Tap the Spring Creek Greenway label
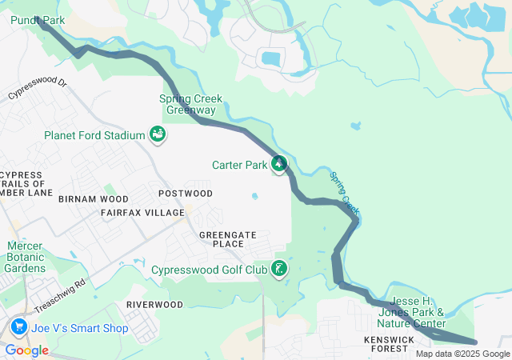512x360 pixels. (x=190, y=104)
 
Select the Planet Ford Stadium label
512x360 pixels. (x=94, y=135)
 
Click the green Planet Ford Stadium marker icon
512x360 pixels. (x=158, y=134)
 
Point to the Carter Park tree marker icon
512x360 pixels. (x=278, y=165)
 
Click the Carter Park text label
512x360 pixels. (x=238, y=166)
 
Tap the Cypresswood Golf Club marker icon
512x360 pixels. (x=279, y=269)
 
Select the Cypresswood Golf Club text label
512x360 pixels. (x=210, y=270)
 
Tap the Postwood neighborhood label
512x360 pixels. (x=186, y=194)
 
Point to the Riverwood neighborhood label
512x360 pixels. (x=154, y=305)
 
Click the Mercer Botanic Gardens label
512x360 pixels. (x=26, y=257)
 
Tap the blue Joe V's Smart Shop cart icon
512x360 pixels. (x=18, y=327)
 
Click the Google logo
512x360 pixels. (x=26, y=350)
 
